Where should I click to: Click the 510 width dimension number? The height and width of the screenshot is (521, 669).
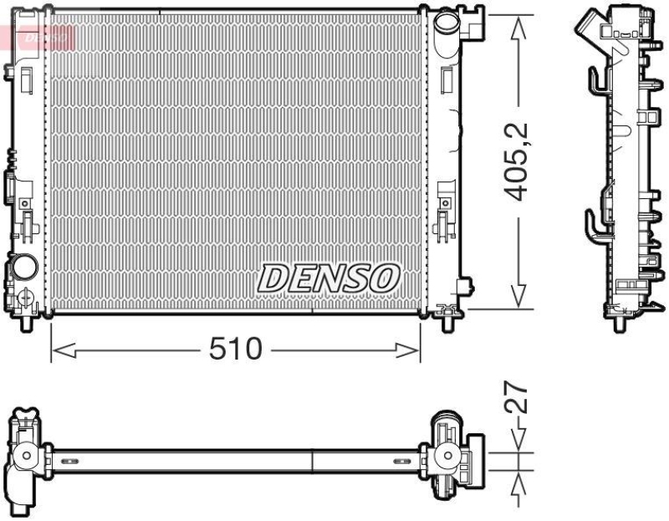237,350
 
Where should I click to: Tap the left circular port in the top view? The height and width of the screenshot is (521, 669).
28,457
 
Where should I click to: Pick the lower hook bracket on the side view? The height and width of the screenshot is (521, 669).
592,222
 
